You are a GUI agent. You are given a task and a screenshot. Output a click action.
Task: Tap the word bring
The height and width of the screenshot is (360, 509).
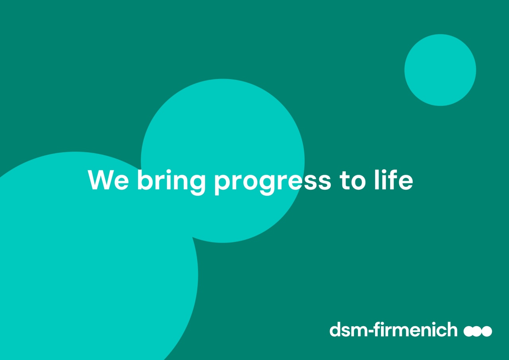[x=171, y=182]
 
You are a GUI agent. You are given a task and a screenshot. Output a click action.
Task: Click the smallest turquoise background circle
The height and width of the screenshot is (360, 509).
[x=440, y=70]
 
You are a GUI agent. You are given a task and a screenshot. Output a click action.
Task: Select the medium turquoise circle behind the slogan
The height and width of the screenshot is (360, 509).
[x=223, y=161]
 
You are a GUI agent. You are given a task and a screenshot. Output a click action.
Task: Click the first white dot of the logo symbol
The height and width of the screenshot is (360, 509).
[x=469, y=331]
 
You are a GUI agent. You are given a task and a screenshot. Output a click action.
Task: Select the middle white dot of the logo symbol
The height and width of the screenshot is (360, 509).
[x=478, y=331]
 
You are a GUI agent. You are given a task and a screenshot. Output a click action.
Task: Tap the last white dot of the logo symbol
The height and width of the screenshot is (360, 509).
[x=487, y=331]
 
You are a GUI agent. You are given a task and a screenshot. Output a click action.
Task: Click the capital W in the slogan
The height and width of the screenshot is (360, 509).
[x=101, y=180]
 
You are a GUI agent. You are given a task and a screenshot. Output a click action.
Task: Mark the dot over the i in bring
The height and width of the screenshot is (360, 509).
[x=169, y=171]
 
